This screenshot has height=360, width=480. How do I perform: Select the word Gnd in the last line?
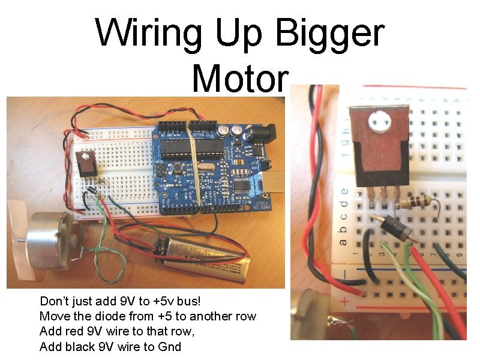tap(167, 347)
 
